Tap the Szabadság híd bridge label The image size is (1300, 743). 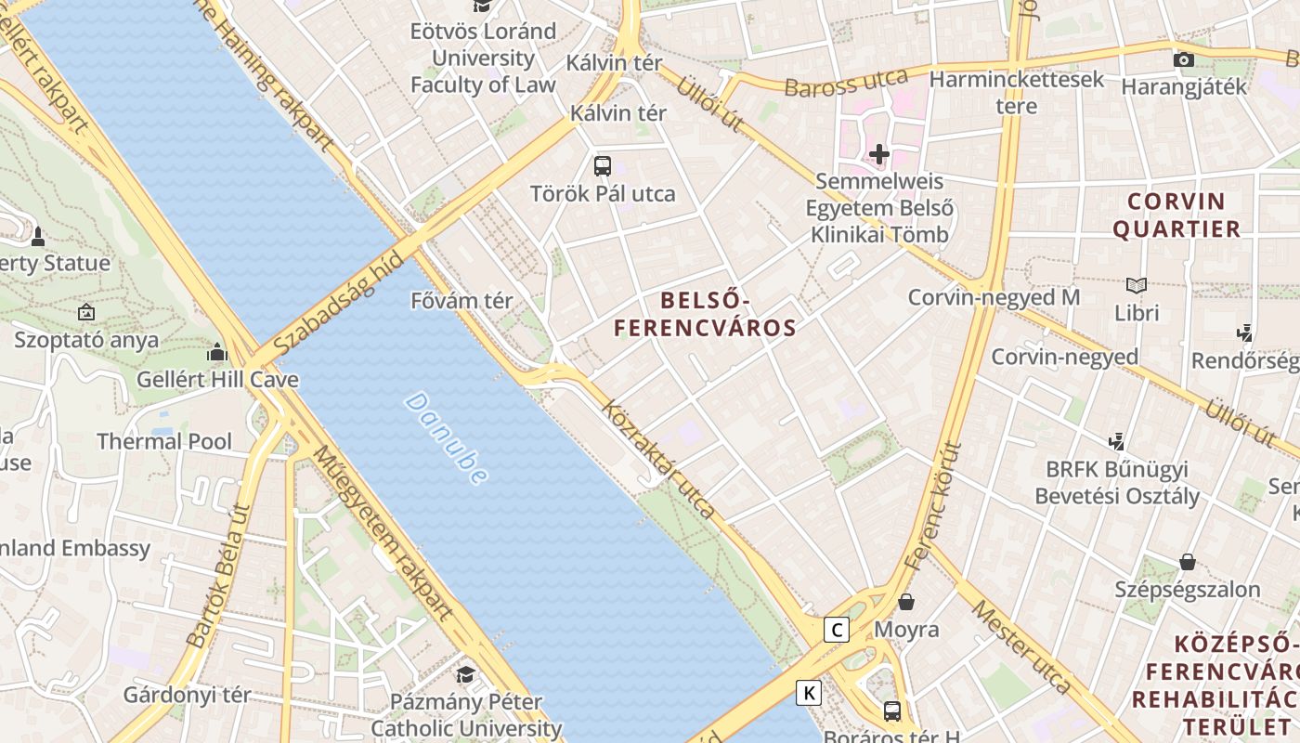coord(340,304)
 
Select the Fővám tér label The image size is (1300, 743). coord(461,301)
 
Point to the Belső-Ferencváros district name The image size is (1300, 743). coord(705,314)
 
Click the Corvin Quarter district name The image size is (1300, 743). coord(1176,215)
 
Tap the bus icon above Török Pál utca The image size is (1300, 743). coord(603,166)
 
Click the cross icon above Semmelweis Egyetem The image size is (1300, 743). coord(878,153)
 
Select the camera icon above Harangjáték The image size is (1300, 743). coord(1183,59)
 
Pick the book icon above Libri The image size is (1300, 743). coord(1136,285)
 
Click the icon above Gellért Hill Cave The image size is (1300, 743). coord(217,352)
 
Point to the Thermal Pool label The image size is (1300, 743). coord(164,441)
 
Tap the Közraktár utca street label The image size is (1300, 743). coord(658,460)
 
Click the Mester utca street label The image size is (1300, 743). coord(1022,646)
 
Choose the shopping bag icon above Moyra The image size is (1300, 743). coord(906,602)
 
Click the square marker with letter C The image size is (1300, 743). coord(838,630)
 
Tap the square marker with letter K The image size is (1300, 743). coord(810,692)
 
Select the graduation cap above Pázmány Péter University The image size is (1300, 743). coord(465,673)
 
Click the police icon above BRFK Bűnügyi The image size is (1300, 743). coord(1117,441)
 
